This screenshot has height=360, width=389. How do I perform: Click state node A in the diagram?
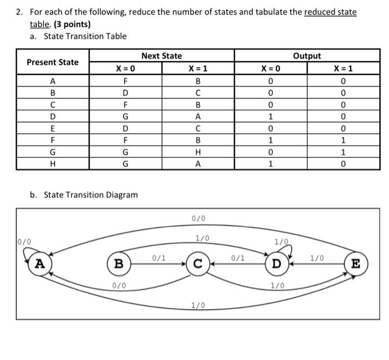click(39, 264)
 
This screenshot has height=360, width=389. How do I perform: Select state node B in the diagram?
click(118, 264)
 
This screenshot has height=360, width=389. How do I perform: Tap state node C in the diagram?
click(197, 264)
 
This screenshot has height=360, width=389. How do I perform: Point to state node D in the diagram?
click(276, 263)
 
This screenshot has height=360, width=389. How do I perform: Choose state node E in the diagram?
click(356, 263)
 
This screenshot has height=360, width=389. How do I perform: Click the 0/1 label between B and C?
click(159, 258)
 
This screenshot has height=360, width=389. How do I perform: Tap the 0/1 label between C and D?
click(238, 258)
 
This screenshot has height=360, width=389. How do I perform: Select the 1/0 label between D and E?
click(317, 258)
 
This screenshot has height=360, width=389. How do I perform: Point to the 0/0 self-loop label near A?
click(25, 242)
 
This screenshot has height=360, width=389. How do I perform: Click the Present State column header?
click(53, 62)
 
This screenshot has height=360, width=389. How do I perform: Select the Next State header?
click(161, 56)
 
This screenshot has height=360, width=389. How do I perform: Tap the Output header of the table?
click(307, 56)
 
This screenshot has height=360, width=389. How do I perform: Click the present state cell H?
click(53, 164)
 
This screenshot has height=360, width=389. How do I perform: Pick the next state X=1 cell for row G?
click(198, 152)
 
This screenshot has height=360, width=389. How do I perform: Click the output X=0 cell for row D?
click(270, 117)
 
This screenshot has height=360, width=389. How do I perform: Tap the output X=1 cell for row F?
click(343, 140)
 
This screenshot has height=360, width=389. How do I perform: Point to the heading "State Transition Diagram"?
click(91, 195)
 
